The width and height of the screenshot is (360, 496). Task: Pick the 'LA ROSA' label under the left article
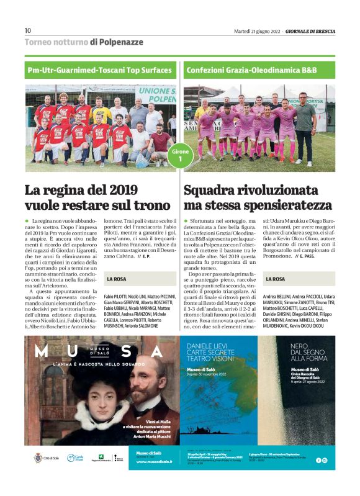[x=117, y=279]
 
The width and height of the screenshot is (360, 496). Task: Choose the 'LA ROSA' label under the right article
[x=275, y=279]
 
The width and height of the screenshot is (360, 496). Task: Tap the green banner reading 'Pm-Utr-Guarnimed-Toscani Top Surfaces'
[x=99, y=70]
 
